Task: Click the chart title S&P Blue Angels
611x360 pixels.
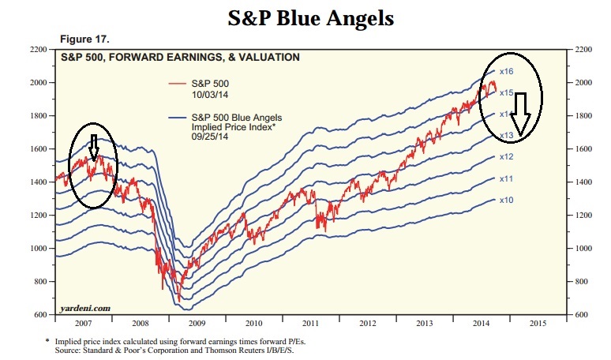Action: click(305, 18)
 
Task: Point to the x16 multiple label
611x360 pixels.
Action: click(507, 71)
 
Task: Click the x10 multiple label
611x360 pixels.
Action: click(507, 201)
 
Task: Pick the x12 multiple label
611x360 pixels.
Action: click(507, 157)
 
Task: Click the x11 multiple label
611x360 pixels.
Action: click(507, 179)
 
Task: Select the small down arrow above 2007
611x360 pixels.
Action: click(93, 145)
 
